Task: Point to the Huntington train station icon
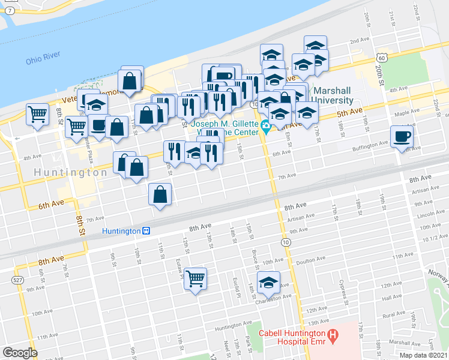tap(145, 230)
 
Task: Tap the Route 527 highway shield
tap(17, 280)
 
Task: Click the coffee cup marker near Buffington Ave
tap(402, 136)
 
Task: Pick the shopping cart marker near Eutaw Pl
tap(196, 278)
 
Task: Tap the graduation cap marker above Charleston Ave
tap(268, 282)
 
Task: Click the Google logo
tap(20, 352)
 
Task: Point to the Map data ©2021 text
tap(423, 355)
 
